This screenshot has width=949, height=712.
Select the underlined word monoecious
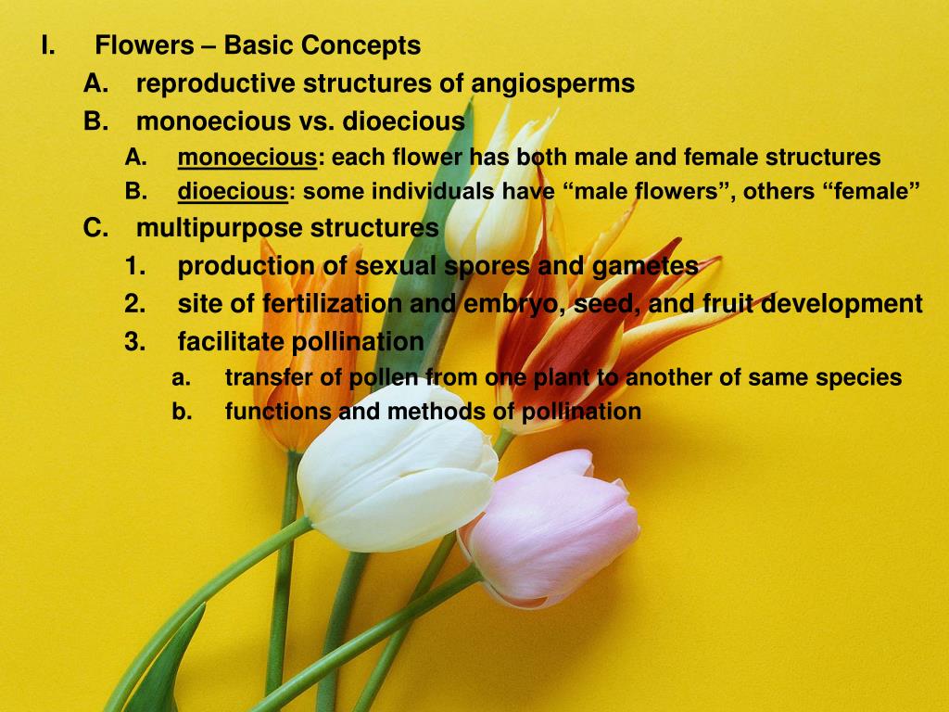[x=247, y=158]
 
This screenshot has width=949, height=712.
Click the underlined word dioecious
[x=233, y=192]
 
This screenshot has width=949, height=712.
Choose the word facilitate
[x=232, y=342]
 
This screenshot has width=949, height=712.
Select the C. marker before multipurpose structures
[x=96, y=227]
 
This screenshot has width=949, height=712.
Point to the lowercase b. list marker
[x=182, y=412]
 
